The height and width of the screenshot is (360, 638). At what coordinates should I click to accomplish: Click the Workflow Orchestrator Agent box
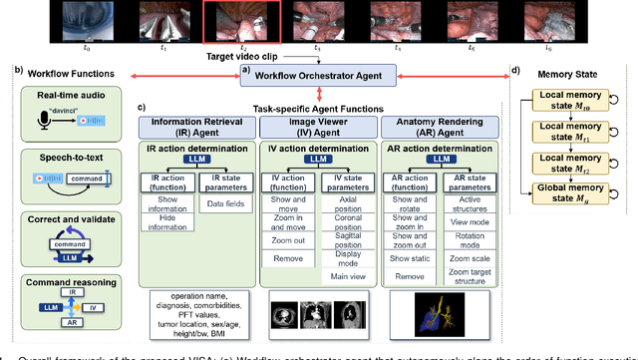point(325,75)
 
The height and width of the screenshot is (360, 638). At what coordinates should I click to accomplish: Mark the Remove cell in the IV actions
point(287,257)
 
